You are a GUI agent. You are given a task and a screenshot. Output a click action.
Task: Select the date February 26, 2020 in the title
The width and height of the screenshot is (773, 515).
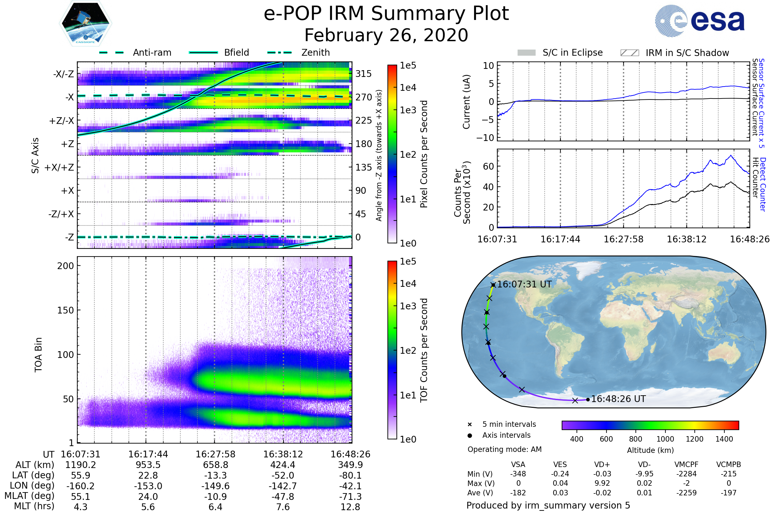point(386,35)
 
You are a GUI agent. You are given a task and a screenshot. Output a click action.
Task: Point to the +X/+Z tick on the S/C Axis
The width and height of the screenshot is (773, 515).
point(59,167)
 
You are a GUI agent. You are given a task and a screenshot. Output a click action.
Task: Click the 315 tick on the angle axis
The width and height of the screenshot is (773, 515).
point(363,74)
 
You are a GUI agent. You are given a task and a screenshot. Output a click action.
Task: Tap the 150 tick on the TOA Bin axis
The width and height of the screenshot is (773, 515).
point(65,310)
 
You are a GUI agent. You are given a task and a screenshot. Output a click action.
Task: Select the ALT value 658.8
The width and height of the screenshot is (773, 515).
point(215,465)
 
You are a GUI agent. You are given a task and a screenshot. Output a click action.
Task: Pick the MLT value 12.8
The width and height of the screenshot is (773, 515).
point(350,507)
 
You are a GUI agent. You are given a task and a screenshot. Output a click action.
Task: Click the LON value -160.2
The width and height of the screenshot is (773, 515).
point(81,486)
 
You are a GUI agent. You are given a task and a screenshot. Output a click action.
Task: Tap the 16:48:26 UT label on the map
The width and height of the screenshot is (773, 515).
point(618,399)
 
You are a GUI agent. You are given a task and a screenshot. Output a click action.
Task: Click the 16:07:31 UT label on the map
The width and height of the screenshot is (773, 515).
point(524,284)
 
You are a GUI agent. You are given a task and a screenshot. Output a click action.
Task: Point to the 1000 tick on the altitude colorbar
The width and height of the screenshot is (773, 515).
point(665,439)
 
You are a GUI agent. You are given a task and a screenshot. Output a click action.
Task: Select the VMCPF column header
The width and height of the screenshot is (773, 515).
point(686,464)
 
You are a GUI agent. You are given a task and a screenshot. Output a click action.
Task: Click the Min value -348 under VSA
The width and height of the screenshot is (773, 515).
point(518,474)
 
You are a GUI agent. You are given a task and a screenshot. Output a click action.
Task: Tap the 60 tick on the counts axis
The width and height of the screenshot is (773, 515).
point(488,166)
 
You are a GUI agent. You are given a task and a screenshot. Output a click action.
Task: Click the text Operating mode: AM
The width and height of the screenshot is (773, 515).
point(504,449)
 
